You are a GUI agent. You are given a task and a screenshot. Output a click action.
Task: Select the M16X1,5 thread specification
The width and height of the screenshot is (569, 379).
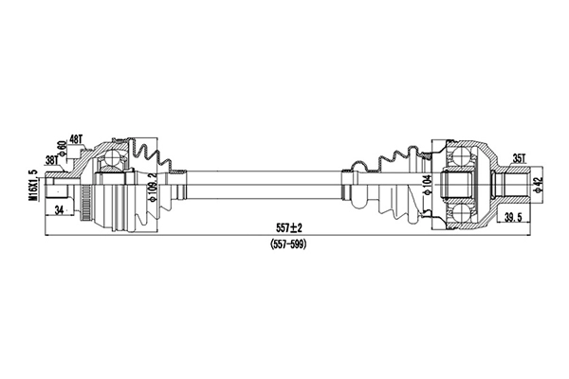pos(33,186)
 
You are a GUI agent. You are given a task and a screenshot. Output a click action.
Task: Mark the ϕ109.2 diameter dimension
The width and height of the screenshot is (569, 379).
pos(153,189)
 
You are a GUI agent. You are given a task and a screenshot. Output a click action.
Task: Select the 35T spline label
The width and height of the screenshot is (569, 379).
pos(518,158)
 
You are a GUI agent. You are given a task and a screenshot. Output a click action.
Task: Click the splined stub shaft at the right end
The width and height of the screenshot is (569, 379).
pos(512,184)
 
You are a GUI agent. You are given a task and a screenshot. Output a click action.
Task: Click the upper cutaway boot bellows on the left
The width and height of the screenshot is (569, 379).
pos(152,154)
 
